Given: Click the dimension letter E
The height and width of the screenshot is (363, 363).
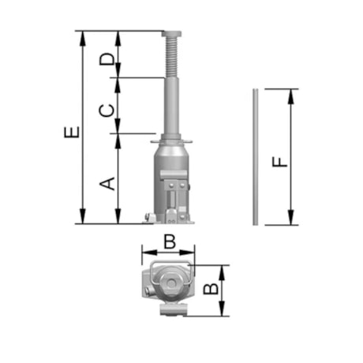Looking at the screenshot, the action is [72, 132].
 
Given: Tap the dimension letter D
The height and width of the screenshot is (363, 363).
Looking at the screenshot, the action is [107, 59].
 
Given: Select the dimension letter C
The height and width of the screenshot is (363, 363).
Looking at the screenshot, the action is [107, 110].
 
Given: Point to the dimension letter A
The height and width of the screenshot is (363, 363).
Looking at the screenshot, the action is [107, 184].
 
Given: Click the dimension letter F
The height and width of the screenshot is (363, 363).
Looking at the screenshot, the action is [279, 162].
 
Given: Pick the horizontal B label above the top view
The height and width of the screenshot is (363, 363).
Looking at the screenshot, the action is [170, 241].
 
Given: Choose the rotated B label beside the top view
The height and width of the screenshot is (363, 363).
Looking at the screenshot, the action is [211, 289].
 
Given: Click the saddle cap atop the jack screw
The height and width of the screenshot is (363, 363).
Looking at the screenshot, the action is [171, 33].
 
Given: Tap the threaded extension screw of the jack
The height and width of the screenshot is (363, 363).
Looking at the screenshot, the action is [171, 57].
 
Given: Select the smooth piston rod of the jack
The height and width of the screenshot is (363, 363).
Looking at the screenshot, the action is [171, 106].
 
